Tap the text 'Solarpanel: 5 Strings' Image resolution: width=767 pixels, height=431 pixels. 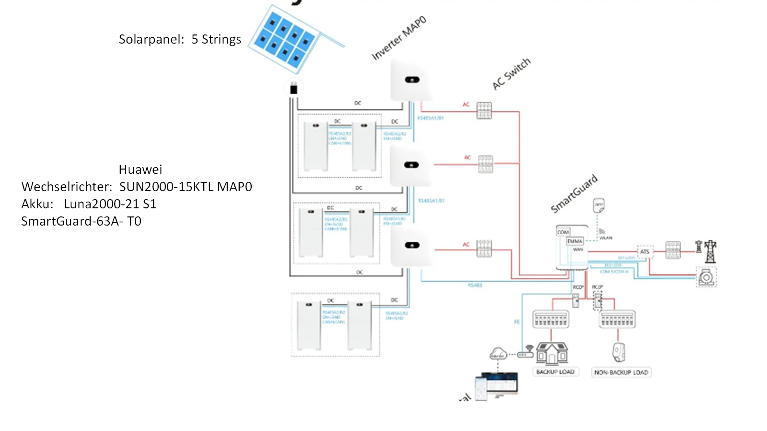[x=180, y=39]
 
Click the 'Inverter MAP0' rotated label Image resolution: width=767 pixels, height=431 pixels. [x=399, y=38]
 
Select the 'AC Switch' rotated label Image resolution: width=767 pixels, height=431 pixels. [x=511, y=74]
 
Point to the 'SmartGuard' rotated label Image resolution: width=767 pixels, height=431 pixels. [x=574, y=193]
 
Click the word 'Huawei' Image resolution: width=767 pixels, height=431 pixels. [x=140, y=170]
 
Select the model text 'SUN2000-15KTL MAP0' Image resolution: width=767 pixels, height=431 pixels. [x=186, y=187]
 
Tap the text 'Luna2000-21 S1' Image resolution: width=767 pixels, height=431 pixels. [x=110, y=204]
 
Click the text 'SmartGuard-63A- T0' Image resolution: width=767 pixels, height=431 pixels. [x=81, y=221]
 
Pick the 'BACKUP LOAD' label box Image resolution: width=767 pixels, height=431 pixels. [x=555, y=372]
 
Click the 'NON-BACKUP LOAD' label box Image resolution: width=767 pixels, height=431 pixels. [x=621, y=373]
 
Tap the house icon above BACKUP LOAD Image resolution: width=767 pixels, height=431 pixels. [x=552, y=354]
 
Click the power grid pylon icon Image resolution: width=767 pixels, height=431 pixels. [x=710, y=251]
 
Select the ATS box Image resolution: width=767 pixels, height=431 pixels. [x=645, y=251]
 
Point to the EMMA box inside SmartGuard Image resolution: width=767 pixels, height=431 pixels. [x=575, y=241]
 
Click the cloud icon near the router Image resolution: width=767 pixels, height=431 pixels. [x=498, y=354]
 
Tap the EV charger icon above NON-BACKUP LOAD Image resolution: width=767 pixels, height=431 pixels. [x=618, y=352]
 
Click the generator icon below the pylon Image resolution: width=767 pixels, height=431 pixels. [x=707, y=278]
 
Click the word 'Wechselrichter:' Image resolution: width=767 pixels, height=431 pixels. [x=67, y=187]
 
